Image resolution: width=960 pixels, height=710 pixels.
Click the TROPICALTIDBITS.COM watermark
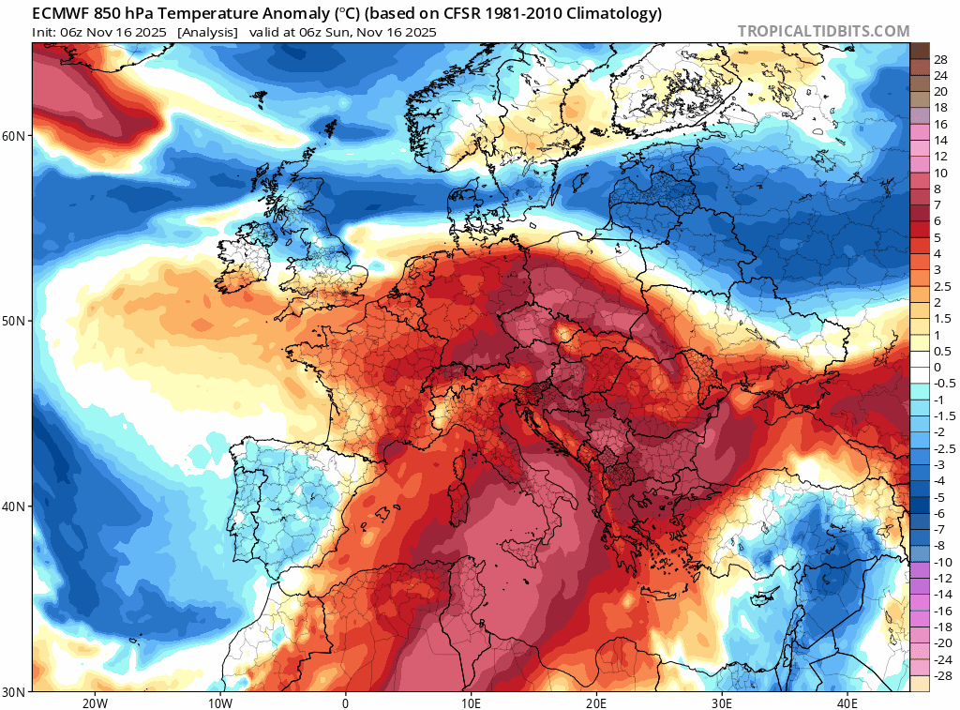[x=823, y=31]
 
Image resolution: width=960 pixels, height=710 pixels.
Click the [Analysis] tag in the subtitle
[x=206, y=32]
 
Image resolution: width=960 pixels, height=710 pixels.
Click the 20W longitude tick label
[x=94, y=702]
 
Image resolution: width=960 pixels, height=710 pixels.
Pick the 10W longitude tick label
[x=219, y=702]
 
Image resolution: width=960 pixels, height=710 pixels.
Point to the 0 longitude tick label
[x=345, y=702]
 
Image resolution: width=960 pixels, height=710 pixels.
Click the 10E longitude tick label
[x=471, y=702]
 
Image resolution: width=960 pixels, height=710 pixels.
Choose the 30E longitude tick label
[x=722, y=702]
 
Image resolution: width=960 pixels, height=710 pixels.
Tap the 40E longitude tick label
[x=847, y=702]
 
